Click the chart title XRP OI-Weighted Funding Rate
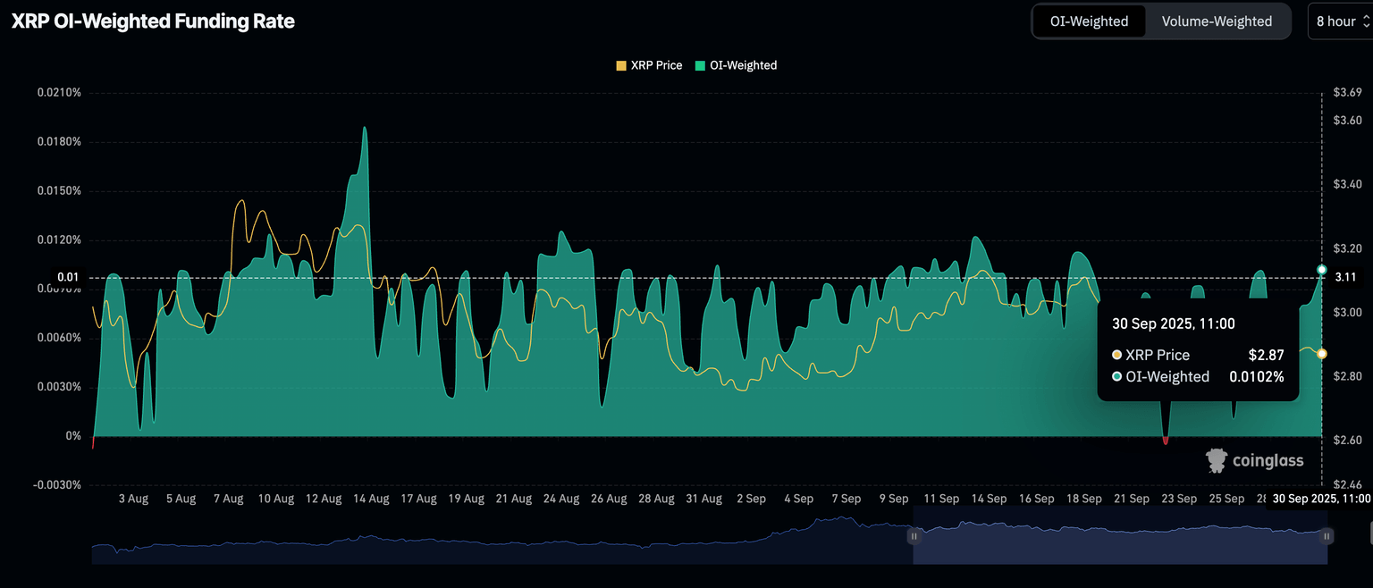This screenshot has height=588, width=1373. coord(153,21)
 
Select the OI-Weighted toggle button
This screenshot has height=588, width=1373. coord(1089,21)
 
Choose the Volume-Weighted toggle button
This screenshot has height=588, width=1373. coord(1217,21)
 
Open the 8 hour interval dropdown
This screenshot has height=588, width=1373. coord(1341,21)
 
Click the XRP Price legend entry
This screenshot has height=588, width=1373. coord(650,65)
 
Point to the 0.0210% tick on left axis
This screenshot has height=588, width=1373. coord(59,93)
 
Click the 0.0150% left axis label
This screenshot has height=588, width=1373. coord(59,191)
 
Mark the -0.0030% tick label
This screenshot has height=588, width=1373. coord(57,485)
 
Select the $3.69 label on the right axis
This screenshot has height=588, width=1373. coord(1347,93)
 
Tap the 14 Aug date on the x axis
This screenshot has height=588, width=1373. coord(371,499)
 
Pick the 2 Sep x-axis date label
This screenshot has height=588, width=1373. coord(750,499)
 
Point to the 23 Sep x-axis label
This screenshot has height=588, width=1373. coord(1179,499)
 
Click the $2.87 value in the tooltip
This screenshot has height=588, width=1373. coord(1266,356)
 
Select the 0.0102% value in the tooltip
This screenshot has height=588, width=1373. coord(1255,377)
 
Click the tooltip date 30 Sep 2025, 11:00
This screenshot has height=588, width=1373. coord(1173,323)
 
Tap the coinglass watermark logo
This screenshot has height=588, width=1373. coord(1255,461)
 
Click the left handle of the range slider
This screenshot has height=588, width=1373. coord(914,536)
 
